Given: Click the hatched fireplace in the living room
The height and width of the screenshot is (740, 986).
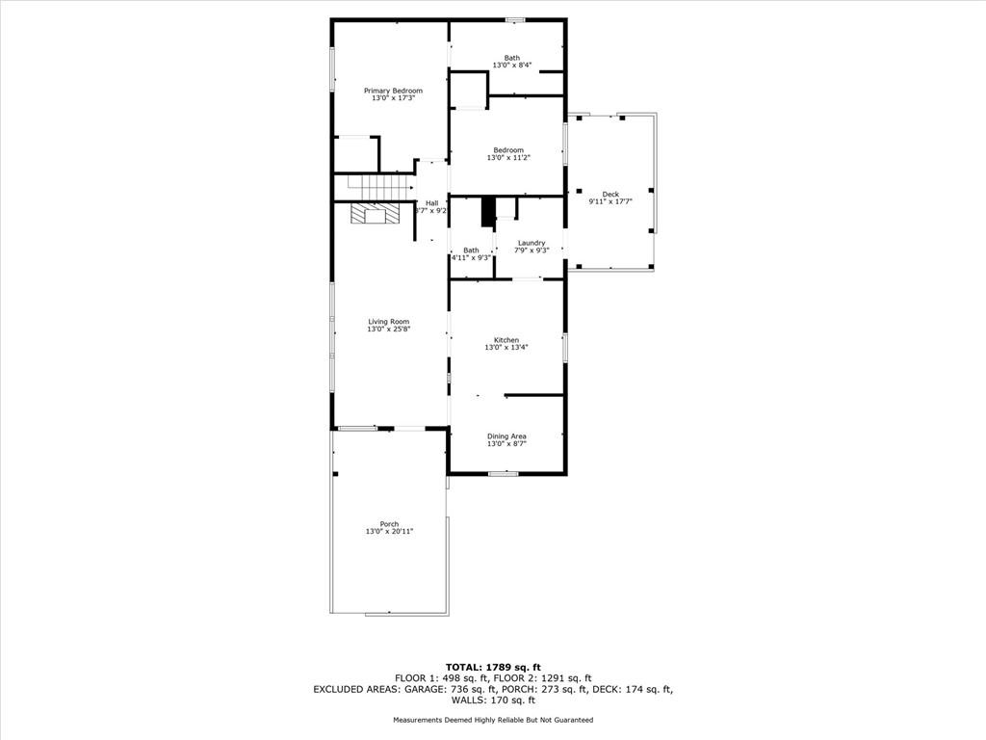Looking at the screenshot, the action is coord(375,213).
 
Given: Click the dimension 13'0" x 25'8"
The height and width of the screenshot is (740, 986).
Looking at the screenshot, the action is coord(389,330).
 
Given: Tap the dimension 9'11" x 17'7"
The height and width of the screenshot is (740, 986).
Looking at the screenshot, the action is coord(610,201).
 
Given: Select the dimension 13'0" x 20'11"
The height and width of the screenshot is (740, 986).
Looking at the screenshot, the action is coord(389,532).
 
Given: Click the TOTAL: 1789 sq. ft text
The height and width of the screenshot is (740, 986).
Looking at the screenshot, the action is coord(493,667).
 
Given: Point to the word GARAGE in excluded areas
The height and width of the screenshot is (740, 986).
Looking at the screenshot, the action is coord(426,689).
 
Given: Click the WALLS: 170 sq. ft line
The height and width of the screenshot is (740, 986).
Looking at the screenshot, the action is coord(493,700).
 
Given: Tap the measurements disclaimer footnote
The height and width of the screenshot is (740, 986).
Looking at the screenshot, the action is coord(493,720).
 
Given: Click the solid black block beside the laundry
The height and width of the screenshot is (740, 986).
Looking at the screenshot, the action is coord(488,212).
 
